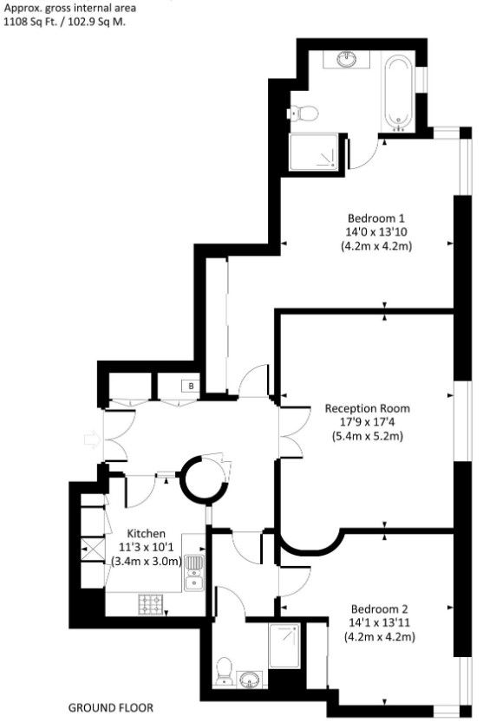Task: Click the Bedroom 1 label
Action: coord(376,218)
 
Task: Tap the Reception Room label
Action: coord(368,408)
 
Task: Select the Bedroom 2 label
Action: coord(379,609)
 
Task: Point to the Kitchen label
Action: coord(146,534)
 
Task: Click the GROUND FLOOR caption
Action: coord(111,708)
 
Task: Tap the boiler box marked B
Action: coord(192,386)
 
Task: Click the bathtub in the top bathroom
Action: coord(398,93)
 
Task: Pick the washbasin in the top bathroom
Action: coord(347,59)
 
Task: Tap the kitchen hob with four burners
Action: coord(151,604)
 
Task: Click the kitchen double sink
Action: coord(194,573)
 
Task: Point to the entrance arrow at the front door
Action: coord(92,439)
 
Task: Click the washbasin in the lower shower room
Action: coord(250,680)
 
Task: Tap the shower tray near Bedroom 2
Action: coord(284,646)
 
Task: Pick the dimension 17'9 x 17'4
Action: coord(368,422)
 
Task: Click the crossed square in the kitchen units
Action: coord(88,549)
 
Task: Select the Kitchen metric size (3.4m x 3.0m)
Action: coord(147,562)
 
